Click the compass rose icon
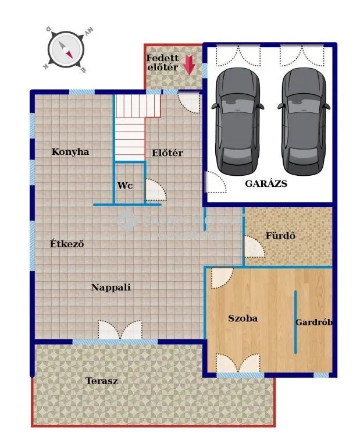67,49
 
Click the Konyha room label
70,152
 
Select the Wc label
124,186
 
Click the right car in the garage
302,120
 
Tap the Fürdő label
281,236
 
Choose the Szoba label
243,318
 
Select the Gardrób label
314,322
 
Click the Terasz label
102,381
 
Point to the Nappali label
111,287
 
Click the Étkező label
67,244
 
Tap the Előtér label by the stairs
167,153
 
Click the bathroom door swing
254,247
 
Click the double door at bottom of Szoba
237,363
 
